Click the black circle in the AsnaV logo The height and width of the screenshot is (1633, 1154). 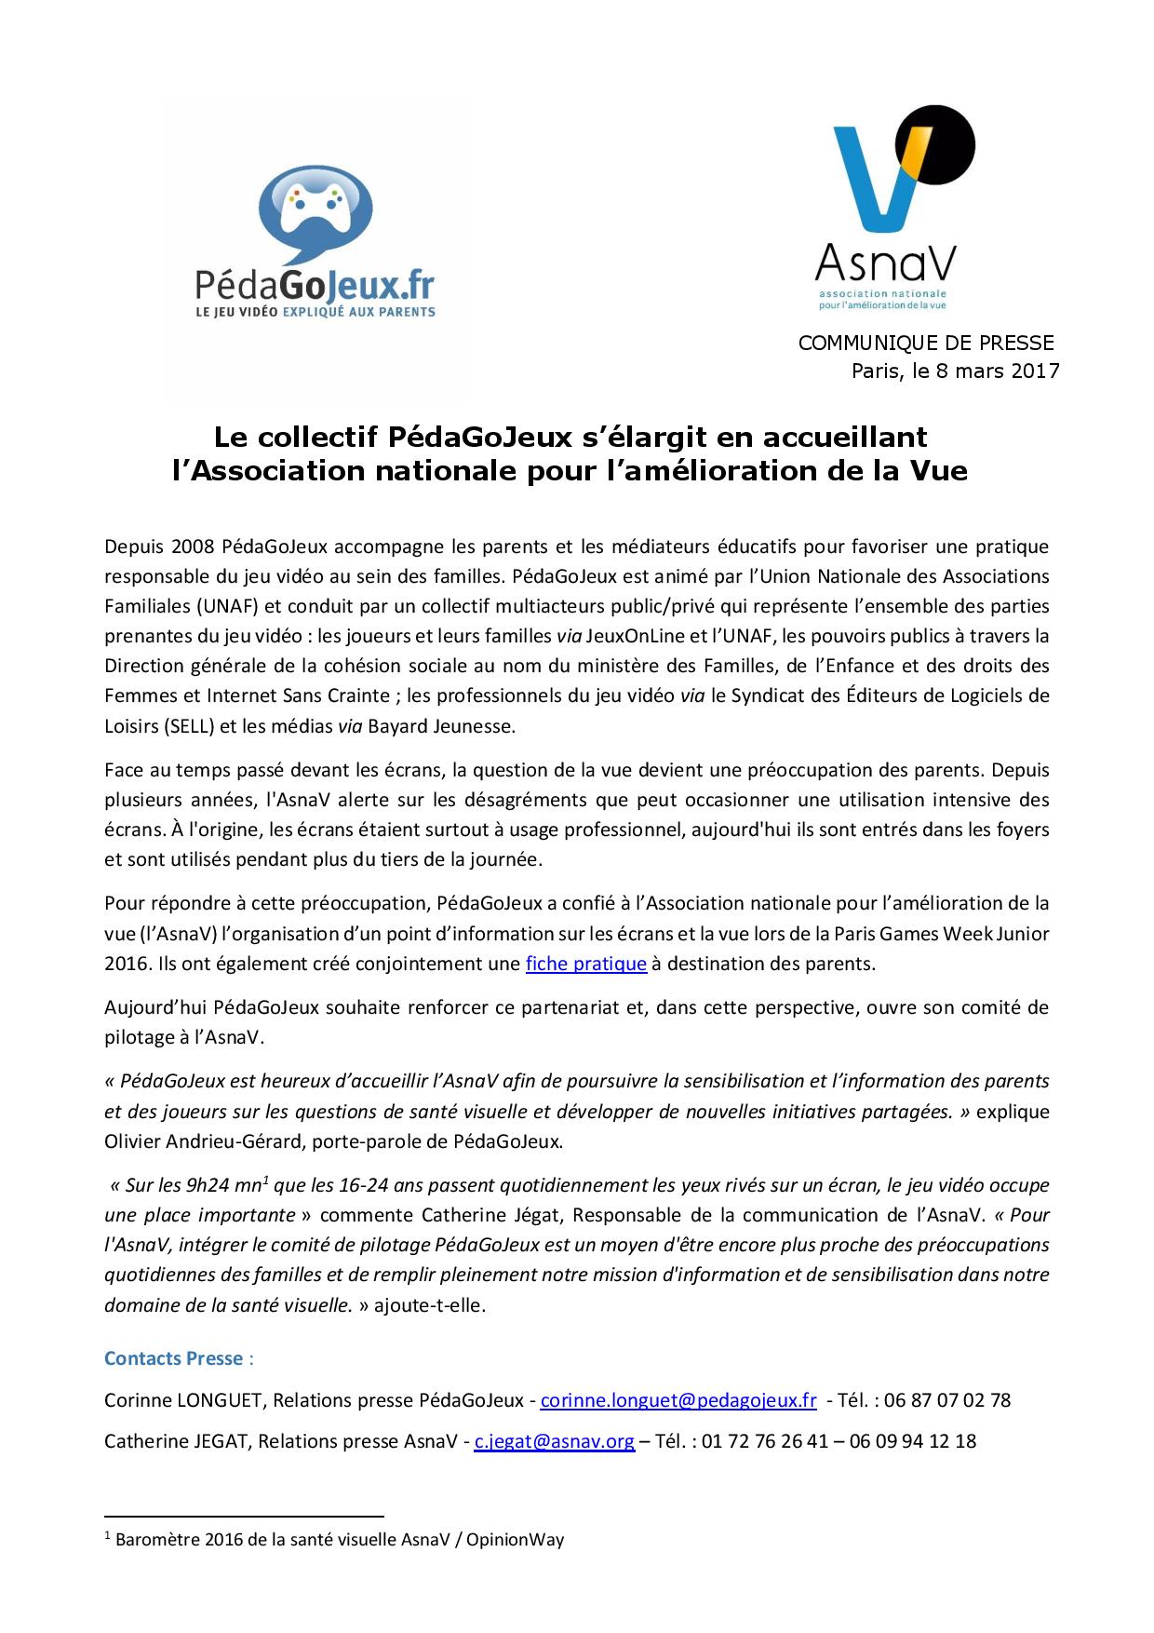click(x=936, y=149)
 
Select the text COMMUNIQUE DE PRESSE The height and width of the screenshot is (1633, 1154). click(x=926, y=343)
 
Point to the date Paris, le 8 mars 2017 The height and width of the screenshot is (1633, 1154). click(x=955, y=371)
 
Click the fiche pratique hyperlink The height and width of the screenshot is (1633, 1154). click(x=585, y=963)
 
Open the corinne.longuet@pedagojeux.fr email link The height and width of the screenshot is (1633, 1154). click(x=678, y=1399)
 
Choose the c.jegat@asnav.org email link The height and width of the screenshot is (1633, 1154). click(x=554, y=1441)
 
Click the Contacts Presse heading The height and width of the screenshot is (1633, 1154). click(x=173, y=1358)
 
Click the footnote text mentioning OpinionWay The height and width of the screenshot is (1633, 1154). click(x=339, y=1539)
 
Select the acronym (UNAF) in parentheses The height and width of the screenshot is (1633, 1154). click(x=228, y=606)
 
